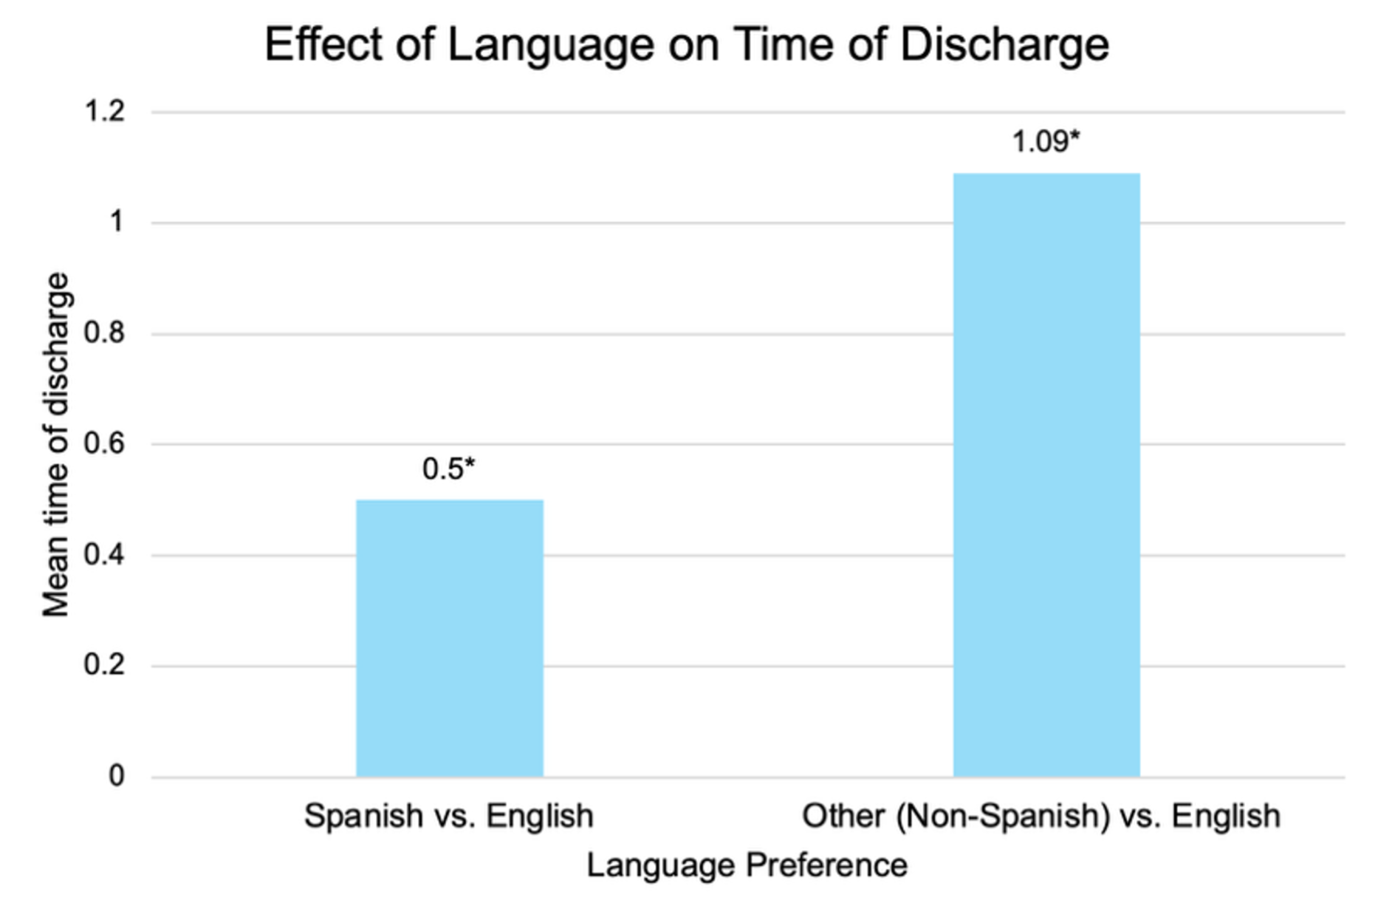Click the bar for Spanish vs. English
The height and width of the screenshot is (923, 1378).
[450, 638]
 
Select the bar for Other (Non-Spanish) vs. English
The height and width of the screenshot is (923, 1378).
[1046, 474]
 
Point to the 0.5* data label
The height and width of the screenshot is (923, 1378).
[448, 469]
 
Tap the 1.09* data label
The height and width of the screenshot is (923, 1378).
[1045, 141]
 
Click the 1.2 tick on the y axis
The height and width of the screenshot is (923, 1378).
[105, 112]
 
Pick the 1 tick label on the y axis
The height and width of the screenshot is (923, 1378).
[116, 222]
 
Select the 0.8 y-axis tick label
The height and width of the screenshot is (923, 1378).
[105, 333]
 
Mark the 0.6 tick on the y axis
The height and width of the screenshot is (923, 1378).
[105, 443]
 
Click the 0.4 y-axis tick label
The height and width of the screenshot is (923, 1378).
[105, 554]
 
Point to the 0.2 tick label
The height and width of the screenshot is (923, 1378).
[105, 664]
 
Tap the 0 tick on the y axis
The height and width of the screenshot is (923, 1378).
[116, 775]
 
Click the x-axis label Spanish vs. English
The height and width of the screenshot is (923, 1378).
[449, 816]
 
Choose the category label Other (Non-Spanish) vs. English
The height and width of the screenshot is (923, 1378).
[1041, 816]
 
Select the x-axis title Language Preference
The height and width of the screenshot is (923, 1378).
[747, 865]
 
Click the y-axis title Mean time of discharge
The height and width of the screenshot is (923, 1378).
[56, 444]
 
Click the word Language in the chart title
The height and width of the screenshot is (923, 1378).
[551, 45]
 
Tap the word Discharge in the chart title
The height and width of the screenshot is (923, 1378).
[1004, 45]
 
